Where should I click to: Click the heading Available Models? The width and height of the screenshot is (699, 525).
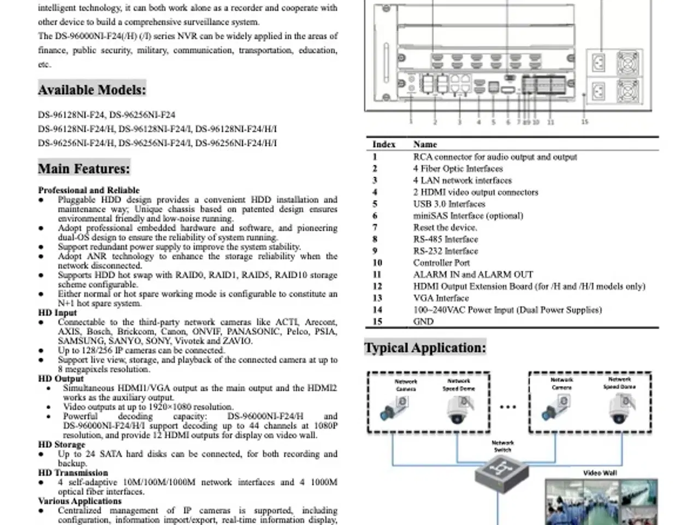click(x=92, y=90)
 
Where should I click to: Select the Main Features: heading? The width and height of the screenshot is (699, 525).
click(x=84, y=168)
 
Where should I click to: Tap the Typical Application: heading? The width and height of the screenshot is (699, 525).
click(x=425, y=348)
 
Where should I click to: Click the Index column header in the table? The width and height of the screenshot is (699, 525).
click(x=383, y=144)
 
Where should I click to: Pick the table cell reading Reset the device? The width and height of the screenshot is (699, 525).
click(x=445, y=227)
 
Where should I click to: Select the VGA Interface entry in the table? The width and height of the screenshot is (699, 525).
click(x=441, y=298)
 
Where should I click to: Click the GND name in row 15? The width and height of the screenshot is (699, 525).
click(x=423, y=322)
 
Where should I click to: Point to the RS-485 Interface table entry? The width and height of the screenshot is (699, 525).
click(x=446, y=240)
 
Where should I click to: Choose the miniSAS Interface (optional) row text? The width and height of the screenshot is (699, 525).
click(x=468, y=215)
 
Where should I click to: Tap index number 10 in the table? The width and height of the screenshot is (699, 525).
click(x=377, y=263)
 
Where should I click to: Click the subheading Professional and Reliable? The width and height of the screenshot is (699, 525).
click(x=89, y=190)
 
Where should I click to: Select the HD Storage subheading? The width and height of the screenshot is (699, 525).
click(x=62, y=445)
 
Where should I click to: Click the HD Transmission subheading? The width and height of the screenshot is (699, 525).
click(x=73, y=473)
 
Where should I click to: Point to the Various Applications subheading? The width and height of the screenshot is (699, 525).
click(x=80, y=501)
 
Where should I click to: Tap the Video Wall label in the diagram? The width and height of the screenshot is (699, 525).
click(x=600, y=473)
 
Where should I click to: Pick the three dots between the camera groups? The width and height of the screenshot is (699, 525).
click(x=508, y=407)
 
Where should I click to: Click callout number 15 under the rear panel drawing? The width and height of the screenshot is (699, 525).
click(x=584, y=122)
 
